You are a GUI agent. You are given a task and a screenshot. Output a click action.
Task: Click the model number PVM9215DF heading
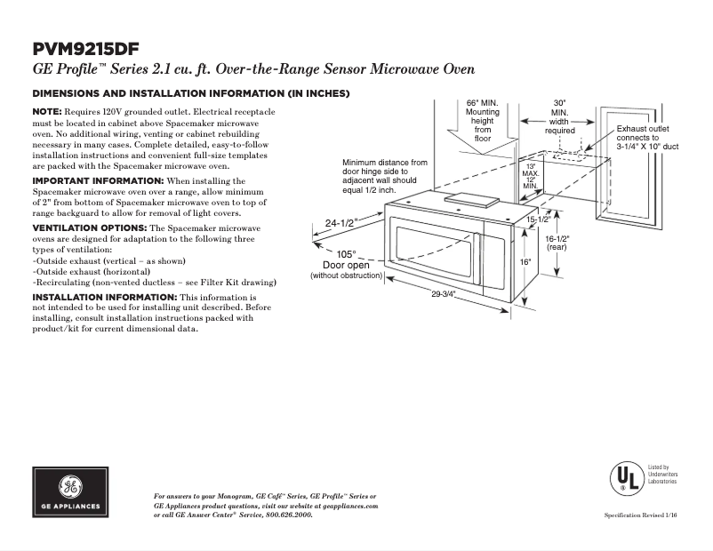[85, 48]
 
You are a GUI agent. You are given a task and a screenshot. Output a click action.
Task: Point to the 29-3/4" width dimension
[444, 295]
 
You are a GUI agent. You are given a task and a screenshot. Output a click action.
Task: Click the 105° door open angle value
[346, 253]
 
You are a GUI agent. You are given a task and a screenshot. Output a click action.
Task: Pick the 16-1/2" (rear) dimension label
[557, 243]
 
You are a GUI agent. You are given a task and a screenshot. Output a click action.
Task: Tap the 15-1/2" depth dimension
[539, 219]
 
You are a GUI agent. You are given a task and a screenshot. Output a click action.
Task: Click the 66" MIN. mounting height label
[483, 120]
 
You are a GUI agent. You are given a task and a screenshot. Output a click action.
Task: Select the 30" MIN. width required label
[559, 116]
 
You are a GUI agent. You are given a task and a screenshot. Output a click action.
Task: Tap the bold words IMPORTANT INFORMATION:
[87, 180]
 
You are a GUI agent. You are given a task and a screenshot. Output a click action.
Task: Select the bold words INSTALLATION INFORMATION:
[104, 296]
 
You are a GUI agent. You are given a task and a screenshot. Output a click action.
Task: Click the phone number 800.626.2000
[290, 515]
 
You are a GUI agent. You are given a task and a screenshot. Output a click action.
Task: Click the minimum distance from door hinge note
[384, 177]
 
